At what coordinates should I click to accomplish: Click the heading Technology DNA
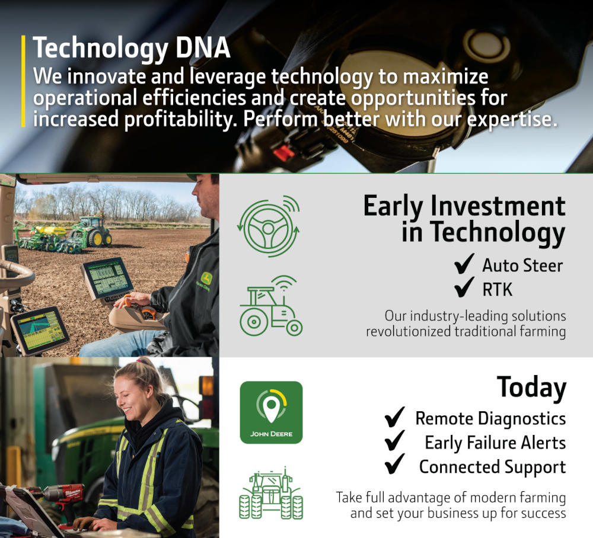pyautogui.click(x=132, y=48)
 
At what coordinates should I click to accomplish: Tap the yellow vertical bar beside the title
pyautogui.click(x=23, y=81)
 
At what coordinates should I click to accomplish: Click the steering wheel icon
pyautogui.click(x=268, y=226)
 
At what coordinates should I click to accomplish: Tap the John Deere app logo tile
pyautogui.click(x=271, y=412)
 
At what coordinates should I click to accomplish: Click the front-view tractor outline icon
pyautogui.click(x=271, y=493)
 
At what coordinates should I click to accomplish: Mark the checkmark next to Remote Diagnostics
pyautogui.click(x=395, y=418)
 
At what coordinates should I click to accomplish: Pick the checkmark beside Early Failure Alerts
pyautogui.click(x=395, y=442)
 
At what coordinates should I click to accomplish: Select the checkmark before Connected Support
pyautogui.click(x=395, y=466)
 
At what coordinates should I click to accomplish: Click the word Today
pyautogui.click(x=531, y=387)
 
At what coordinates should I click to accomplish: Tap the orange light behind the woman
pyautogui.click(x=207, y=386)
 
